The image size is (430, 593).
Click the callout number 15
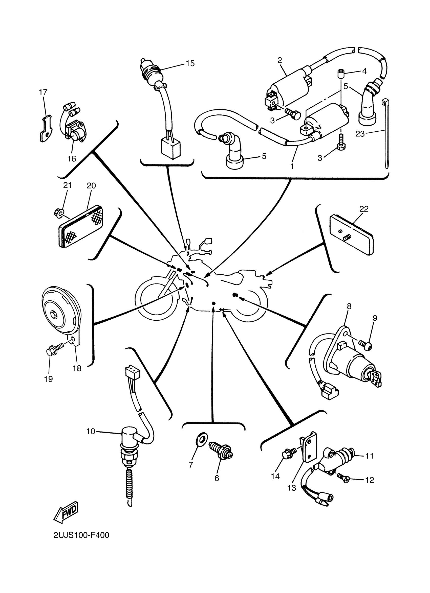(x=190, y=63)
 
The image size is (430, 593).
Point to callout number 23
(x=360, y=134)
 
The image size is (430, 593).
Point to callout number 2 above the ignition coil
(x=280, y=60)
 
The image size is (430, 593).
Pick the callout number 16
(x=71, y=159)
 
